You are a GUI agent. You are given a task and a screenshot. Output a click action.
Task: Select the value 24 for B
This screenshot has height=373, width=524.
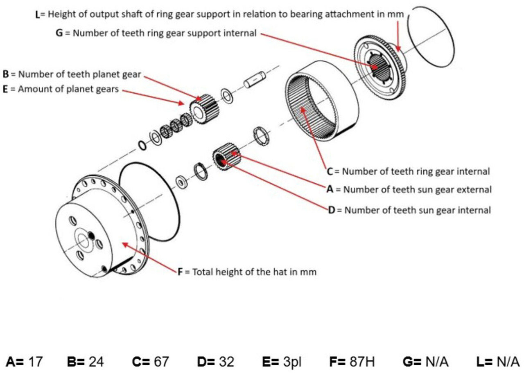(x=97, y=362)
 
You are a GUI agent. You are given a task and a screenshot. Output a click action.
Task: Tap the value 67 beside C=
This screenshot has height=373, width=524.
(x=161, y=362)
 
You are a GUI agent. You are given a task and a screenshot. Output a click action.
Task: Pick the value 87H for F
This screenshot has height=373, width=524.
(x=362, y=362)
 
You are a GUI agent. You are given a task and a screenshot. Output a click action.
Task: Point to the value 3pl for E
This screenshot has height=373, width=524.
(x=292, y=362)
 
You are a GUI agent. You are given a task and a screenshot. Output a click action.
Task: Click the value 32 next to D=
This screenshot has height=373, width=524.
(x=226, y=362)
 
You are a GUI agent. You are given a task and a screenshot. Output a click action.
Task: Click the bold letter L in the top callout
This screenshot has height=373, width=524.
(x=38, y=14)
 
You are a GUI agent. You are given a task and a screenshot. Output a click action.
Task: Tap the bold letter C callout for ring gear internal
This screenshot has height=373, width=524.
(x=330, y=171)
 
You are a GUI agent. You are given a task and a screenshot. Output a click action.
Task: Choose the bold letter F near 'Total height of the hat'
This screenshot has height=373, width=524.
(x=180, y=272)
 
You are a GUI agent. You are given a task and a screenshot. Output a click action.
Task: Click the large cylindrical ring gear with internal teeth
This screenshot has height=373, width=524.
(x=322, y=100)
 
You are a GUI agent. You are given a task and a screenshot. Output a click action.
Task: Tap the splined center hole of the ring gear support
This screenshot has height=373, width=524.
(x=379, y=65)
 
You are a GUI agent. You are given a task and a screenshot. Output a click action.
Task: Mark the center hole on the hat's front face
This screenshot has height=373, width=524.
(x=84, y=242)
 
